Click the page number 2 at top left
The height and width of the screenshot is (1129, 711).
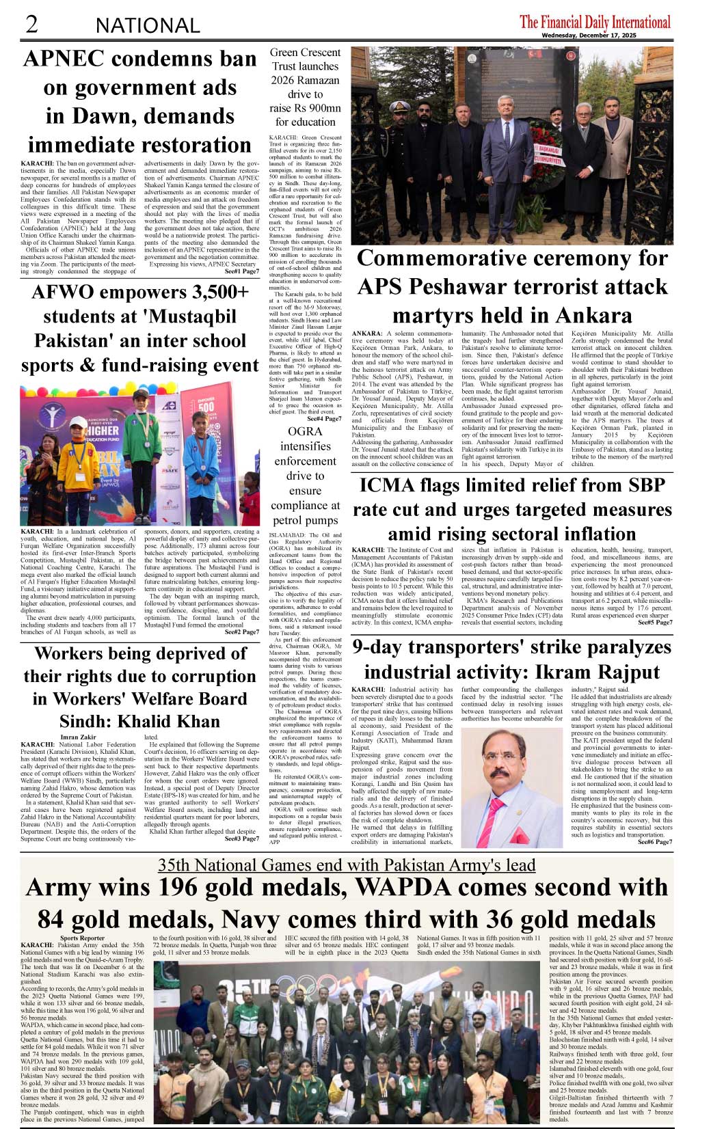31,24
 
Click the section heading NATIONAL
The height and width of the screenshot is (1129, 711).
148,26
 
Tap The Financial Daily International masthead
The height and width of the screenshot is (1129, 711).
595,21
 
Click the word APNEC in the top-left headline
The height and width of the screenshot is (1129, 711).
66,59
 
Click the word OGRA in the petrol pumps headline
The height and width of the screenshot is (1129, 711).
305,431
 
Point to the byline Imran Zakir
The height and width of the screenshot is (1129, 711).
78,737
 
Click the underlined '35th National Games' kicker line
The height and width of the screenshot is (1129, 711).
346,865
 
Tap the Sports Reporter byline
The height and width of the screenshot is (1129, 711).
82,938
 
